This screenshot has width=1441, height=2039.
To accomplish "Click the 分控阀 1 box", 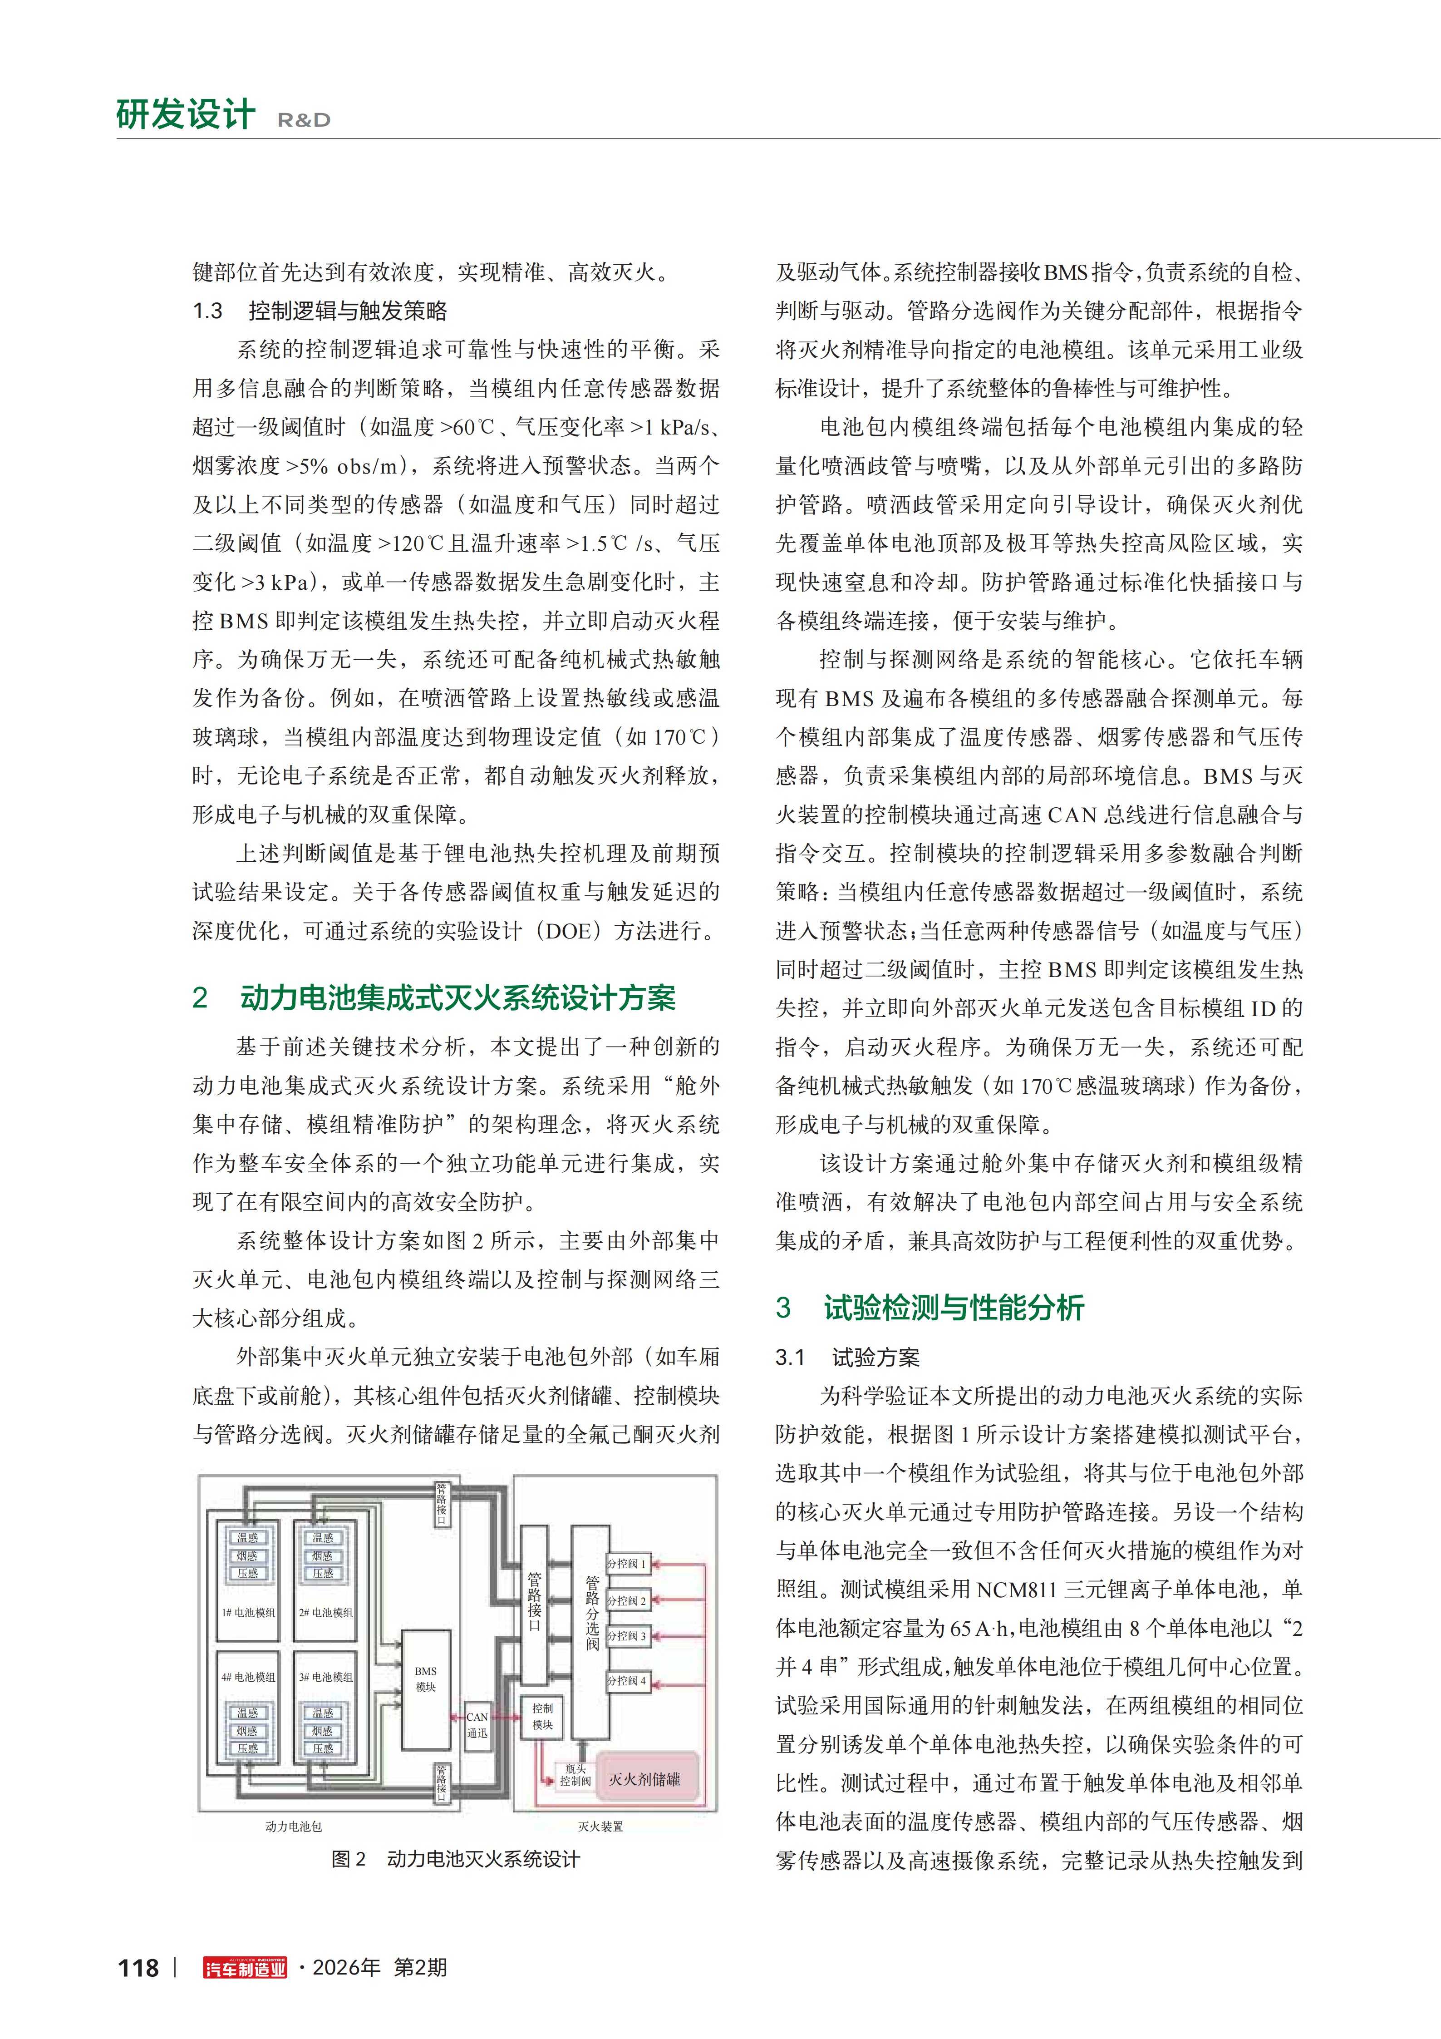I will (627, 1563).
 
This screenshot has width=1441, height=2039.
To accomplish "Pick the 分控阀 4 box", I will (627, 1681).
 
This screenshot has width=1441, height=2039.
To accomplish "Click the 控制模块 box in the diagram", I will (542, 1717).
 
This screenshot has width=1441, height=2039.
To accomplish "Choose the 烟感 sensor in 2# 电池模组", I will (323, 1555).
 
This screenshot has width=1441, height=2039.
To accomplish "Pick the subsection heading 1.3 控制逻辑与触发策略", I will (320, 311).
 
